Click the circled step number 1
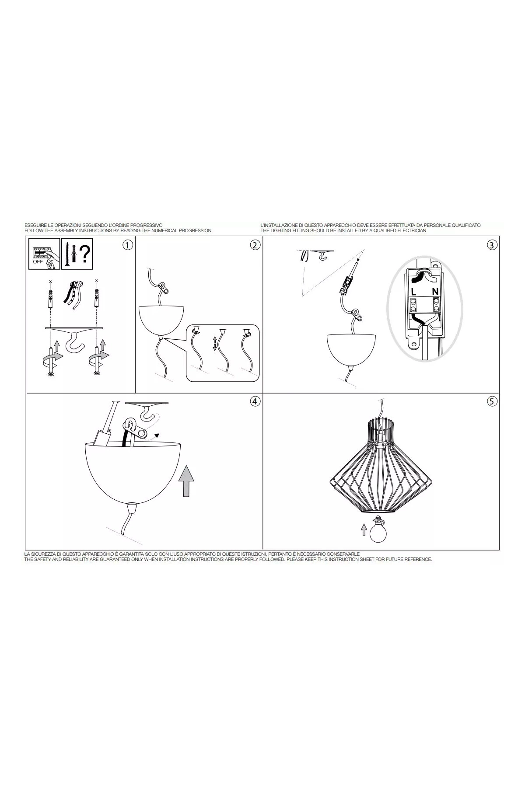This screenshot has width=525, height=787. (127, 245)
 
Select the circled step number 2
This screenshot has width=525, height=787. (255, 245)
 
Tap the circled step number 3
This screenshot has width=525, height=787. (492, 245)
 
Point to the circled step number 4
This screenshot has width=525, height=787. (255, 401)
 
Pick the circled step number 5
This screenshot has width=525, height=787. (492, 401)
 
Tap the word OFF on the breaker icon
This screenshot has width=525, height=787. (38, 261)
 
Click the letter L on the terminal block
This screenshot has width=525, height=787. (413, 291)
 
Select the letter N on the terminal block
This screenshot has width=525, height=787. (435, 291)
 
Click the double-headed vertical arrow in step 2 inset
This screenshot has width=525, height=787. (215, 343)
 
